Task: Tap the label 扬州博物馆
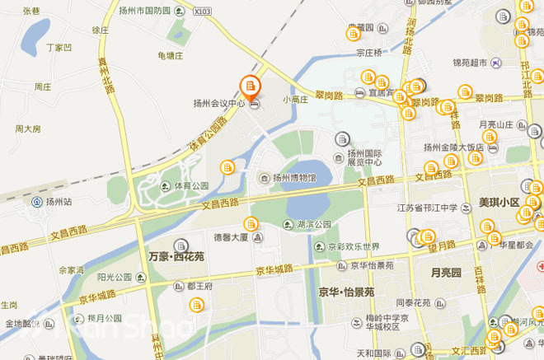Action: click(x=294, y=177)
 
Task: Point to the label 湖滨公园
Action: click(x=313, y=224)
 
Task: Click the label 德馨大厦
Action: click(x=231, y=237)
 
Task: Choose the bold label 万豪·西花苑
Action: click(x=177, y=256)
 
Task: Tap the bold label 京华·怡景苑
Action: click(x=346, y=292)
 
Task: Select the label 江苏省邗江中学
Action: click(x=427, y=208)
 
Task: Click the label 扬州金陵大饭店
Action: click(x=453, y=148)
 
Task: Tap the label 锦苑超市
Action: click(x=471, y=63)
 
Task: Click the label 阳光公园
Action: click(x=115, y=277)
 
